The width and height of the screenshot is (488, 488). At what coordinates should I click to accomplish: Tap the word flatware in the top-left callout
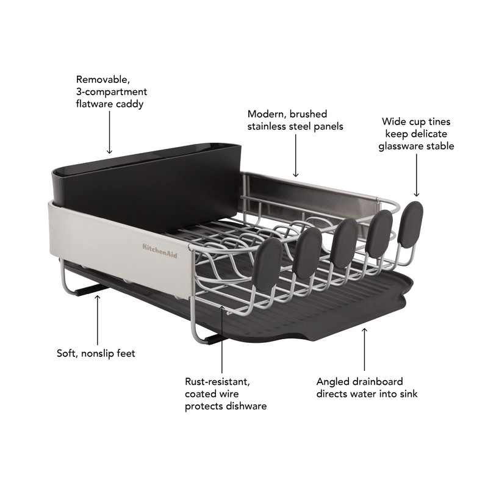(x=95, y=104)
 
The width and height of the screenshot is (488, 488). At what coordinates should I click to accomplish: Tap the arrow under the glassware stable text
(x=417, y=178)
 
